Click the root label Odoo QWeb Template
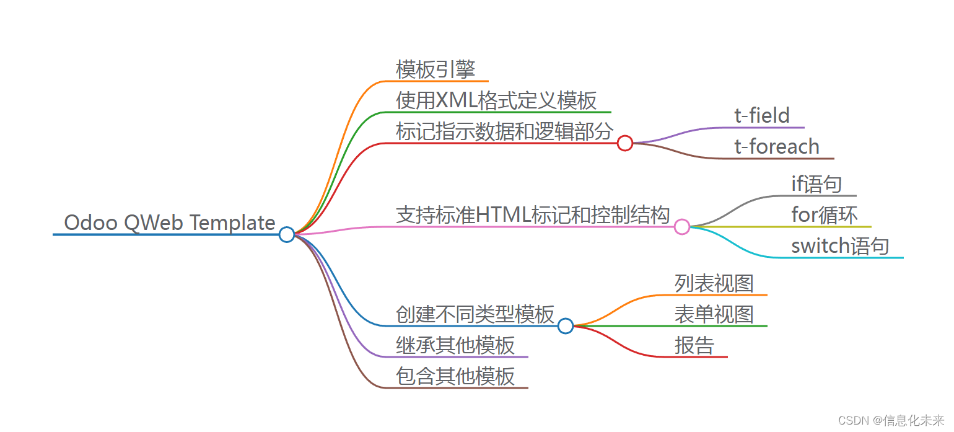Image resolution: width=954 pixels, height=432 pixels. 170,223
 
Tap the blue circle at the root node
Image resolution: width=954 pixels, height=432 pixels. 286,234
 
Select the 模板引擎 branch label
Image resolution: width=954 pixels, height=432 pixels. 435,69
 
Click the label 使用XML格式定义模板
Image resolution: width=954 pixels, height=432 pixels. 496,100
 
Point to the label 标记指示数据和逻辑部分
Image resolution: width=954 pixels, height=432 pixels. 504,131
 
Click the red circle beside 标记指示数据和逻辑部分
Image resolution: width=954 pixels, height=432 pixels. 625,143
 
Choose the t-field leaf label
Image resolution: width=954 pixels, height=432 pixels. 762,116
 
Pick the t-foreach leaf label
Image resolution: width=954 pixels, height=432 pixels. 777,147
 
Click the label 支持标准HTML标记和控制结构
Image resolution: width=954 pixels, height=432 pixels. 533,215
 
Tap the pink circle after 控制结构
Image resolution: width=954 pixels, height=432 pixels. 682,227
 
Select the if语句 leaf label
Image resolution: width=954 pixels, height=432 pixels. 816,184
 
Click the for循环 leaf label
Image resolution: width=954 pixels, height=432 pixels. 825,215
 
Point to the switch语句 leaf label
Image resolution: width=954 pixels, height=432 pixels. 840,246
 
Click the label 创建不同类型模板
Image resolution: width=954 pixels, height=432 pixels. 475,314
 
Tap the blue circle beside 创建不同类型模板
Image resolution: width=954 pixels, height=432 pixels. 565,326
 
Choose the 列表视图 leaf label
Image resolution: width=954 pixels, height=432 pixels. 714,283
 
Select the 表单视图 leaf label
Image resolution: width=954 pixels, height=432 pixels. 714,314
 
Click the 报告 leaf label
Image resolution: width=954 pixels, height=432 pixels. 694,345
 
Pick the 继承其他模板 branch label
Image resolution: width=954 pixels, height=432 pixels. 455,345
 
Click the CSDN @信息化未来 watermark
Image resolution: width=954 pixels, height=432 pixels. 891,421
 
